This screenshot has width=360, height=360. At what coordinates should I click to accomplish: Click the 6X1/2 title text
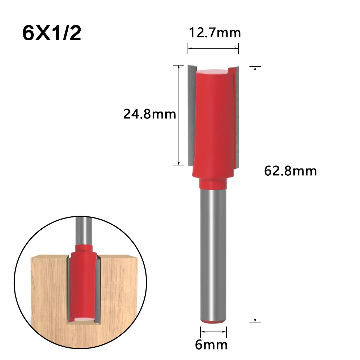[x=52, y=33]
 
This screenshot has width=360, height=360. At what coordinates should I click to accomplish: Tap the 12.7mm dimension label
[x=215, y=33]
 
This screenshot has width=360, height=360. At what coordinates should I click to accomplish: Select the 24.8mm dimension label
[x=149, y=114]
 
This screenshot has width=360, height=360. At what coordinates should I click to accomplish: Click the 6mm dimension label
[x=211, y=345]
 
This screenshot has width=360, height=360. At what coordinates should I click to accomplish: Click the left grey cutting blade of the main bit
[x=190, y=115]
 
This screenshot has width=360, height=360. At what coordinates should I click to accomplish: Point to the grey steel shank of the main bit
[x=214, y=252]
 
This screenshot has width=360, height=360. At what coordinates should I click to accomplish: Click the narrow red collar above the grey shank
[x=214, y=184]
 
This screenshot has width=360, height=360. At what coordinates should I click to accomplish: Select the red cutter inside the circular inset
[x=83, y=281]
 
